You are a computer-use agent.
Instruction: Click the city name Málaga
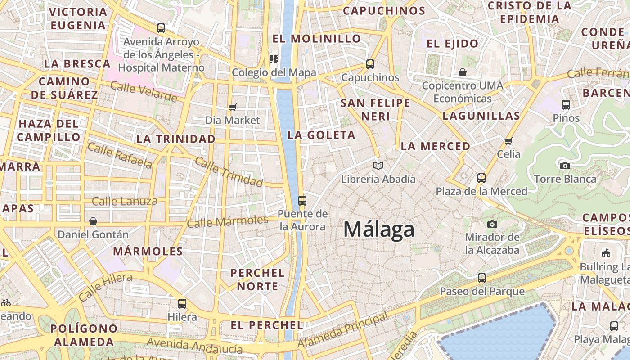click(378, 230)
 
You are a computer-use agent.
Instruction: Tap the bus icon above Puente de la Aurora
click(302, 201)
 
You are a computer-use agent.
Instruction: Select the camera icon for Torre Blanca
click(565, 166)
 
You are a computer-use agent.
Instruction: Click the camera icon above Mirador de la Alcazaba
click(492, 224)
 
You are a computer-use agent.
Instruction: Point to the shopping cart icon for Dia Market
click(233, 107)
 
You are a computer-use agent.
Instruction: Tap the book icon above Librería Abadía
click(378, 166)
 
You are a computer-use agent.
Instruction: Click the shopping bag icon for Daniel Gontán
click(93, 221)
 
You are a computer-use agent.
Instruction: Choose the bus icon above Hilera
click(182, 304)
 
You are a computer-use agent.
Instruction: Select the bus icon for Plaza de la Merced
click(481, 178)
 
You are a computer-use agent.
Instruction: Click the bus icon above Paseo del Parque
click(482, 278)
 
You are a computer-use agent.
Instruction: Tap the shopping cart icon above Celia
click(508, 141)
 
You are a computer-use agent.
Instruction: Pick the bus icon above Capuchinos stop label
click(370, 64)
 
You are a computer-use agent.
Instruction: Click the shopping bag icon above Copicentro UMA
click(463, 72)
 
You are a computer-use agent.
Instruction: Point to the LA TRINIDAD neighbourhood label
click(176, 139)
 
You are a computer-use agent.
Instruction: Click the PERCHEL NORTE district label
click(257, 279)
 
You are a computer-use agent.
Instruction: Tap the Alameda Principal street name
click(343, 330)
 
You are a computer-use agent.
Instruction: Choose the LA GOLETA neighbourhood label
click(321, 135)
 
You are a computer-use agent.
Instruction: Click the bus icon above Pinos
click(566, 105)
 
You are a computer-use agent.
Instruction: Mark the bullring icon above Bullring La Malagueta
click(606, 253)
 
